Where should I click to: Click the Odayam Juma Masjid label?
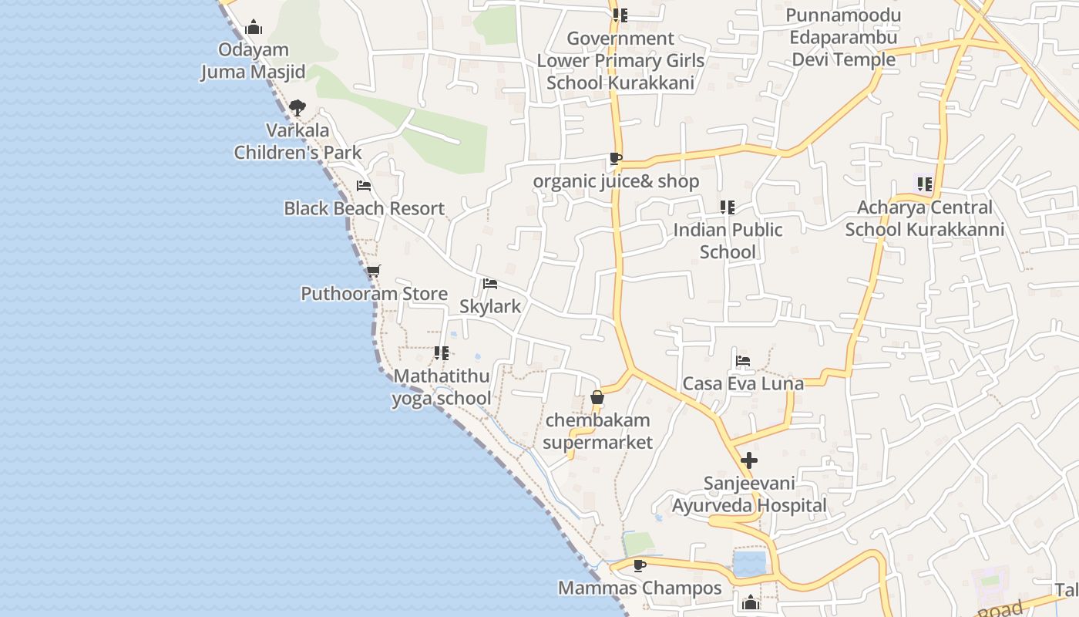tap(253, 61)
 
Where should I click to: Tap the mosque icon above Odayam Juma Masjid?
tap(254, 29)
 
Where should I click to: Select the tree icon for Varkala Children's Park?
tap(297, 108)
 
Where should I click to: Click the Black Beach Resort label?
tap(364, 208)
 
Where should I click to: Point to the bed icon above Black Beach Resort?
tap(364, 186)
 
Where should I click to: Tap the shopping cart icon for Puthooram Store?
tap(374, 271)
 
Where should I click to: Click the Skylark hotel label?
tap(490, 306)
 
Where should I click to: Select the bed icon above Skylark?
tap(490, 284)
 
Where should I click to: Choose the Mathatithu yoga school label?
tap(442, 387)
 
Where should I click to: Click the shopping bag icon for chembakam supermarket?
tap(597, 398)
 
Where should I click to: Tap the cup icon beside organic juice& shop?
tap(615, 159)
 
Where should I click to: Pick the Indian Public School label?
tap(728, 241)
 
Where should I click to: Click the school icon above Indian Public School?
tap(728, 207)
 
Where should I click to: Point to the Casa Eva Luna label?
tap(743, 383)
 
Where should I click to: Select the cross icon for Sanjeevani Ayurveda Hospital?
tap(748, 461)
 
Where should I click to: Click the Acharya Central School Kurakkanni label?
tap(925, 218)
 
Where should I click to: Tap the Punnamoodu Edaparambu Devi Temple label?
tap(843, 38)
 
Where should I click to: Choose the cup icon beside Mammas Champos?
tap(639, 565)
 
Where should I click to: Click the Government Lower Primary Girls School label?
tap(620, 60)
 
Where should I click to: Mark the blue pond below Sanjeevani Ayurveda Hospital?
tap(749, 564)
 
